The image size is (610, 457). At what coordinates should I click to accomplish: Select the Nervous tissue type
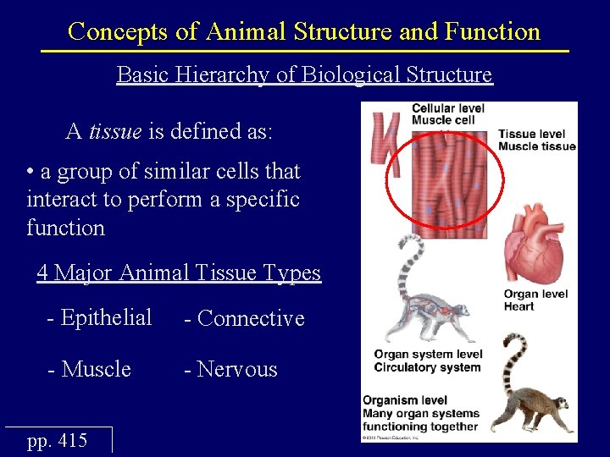coord(236,369)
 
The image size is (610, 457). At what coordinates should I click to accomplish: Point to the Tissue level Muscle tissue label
coord(537,140)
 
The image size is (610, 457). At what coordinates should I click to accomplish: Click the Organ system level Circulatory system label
coord(428,361)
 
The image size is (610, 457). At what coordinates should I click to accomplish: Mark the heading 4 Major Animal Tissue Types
coord(179,273)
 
